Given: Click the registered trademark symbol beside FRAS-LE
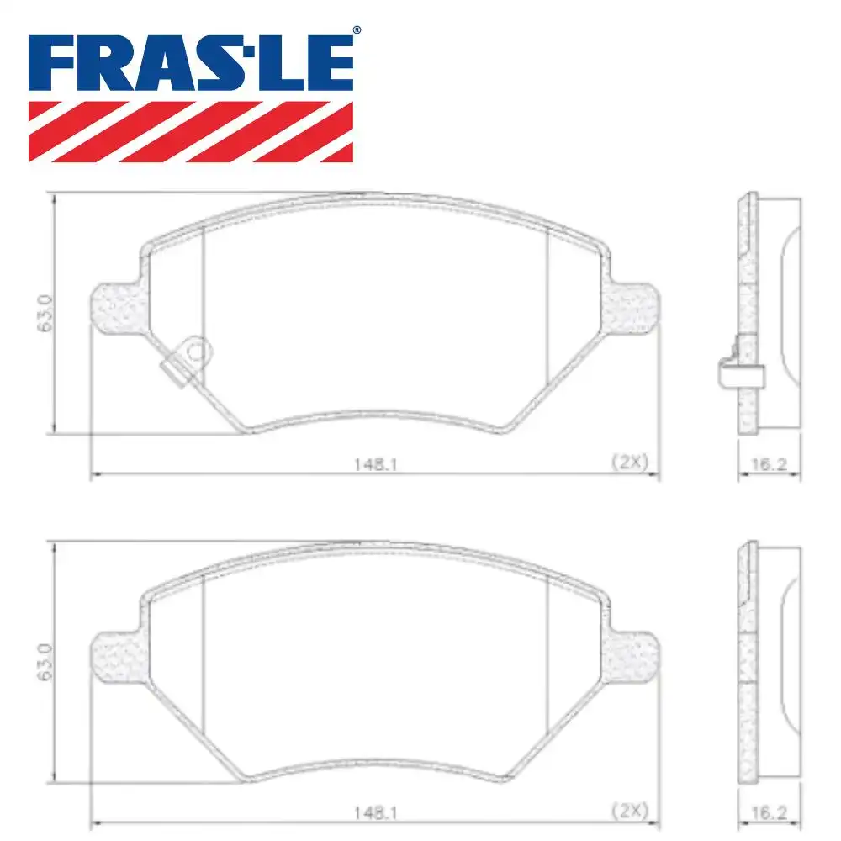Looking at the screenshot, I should point(356,31).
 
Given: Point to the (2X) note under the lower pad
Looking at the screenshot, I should point(628,813).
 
